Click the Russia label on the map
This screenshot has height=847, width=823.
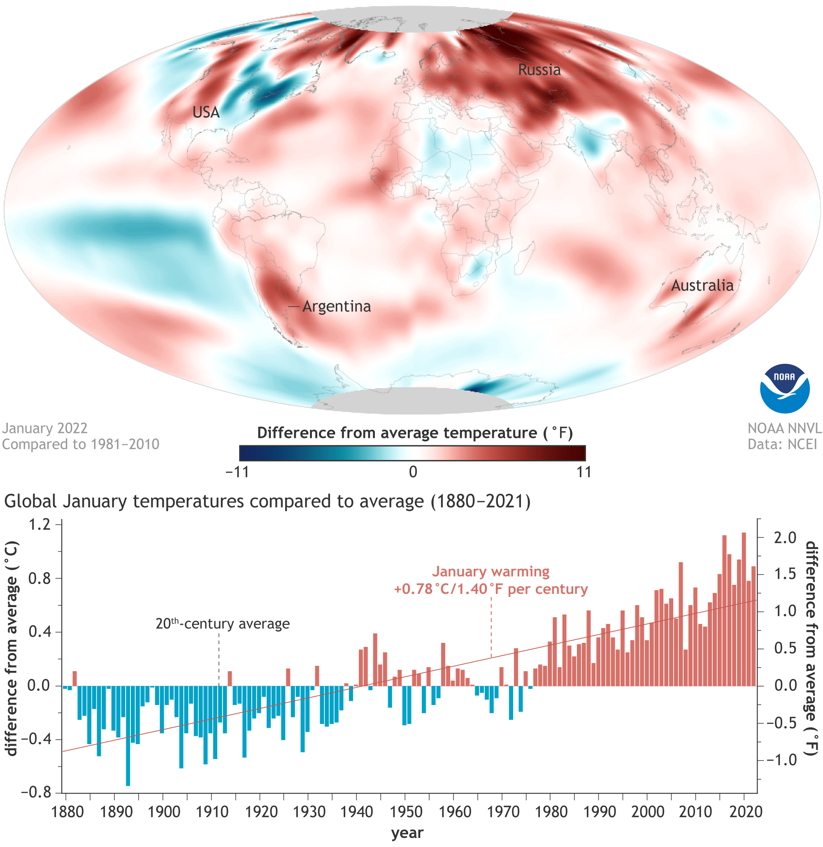(x=539, y=70)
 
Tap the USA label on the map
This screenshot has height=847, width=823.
(x=206, y=112)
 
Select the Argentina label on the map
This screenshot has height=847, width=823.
(x=336, y=307)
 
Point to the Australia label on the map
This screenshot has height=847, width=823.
(x=702, y=285)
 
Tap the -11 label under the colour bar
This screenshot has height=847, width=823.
(x=237, y=472)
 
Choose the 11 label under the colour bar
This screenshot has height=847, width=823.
(x=584, y=472)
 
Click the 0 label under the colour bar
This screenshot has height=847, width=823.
(x=413, y=472)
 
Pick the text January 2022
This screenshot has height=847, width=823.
(x=44, y=428)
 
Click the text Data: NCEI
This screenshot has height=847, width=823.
(x=782, y=444)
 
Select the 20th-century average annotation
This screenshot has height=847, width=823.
(x=223, y=624)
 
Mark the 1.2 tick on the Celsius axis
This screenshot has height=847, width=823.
(x=40, y=524)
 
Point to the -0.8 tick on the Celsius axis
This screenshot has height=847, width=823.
(x=36, y=792)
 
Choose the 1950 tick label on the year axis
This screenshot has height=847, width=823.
(x=406, y=812)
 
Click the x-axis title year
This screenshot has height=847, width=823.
(x=407, y=833)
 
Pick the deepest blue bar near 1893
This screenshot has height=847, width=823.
(x=128, y=735)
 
